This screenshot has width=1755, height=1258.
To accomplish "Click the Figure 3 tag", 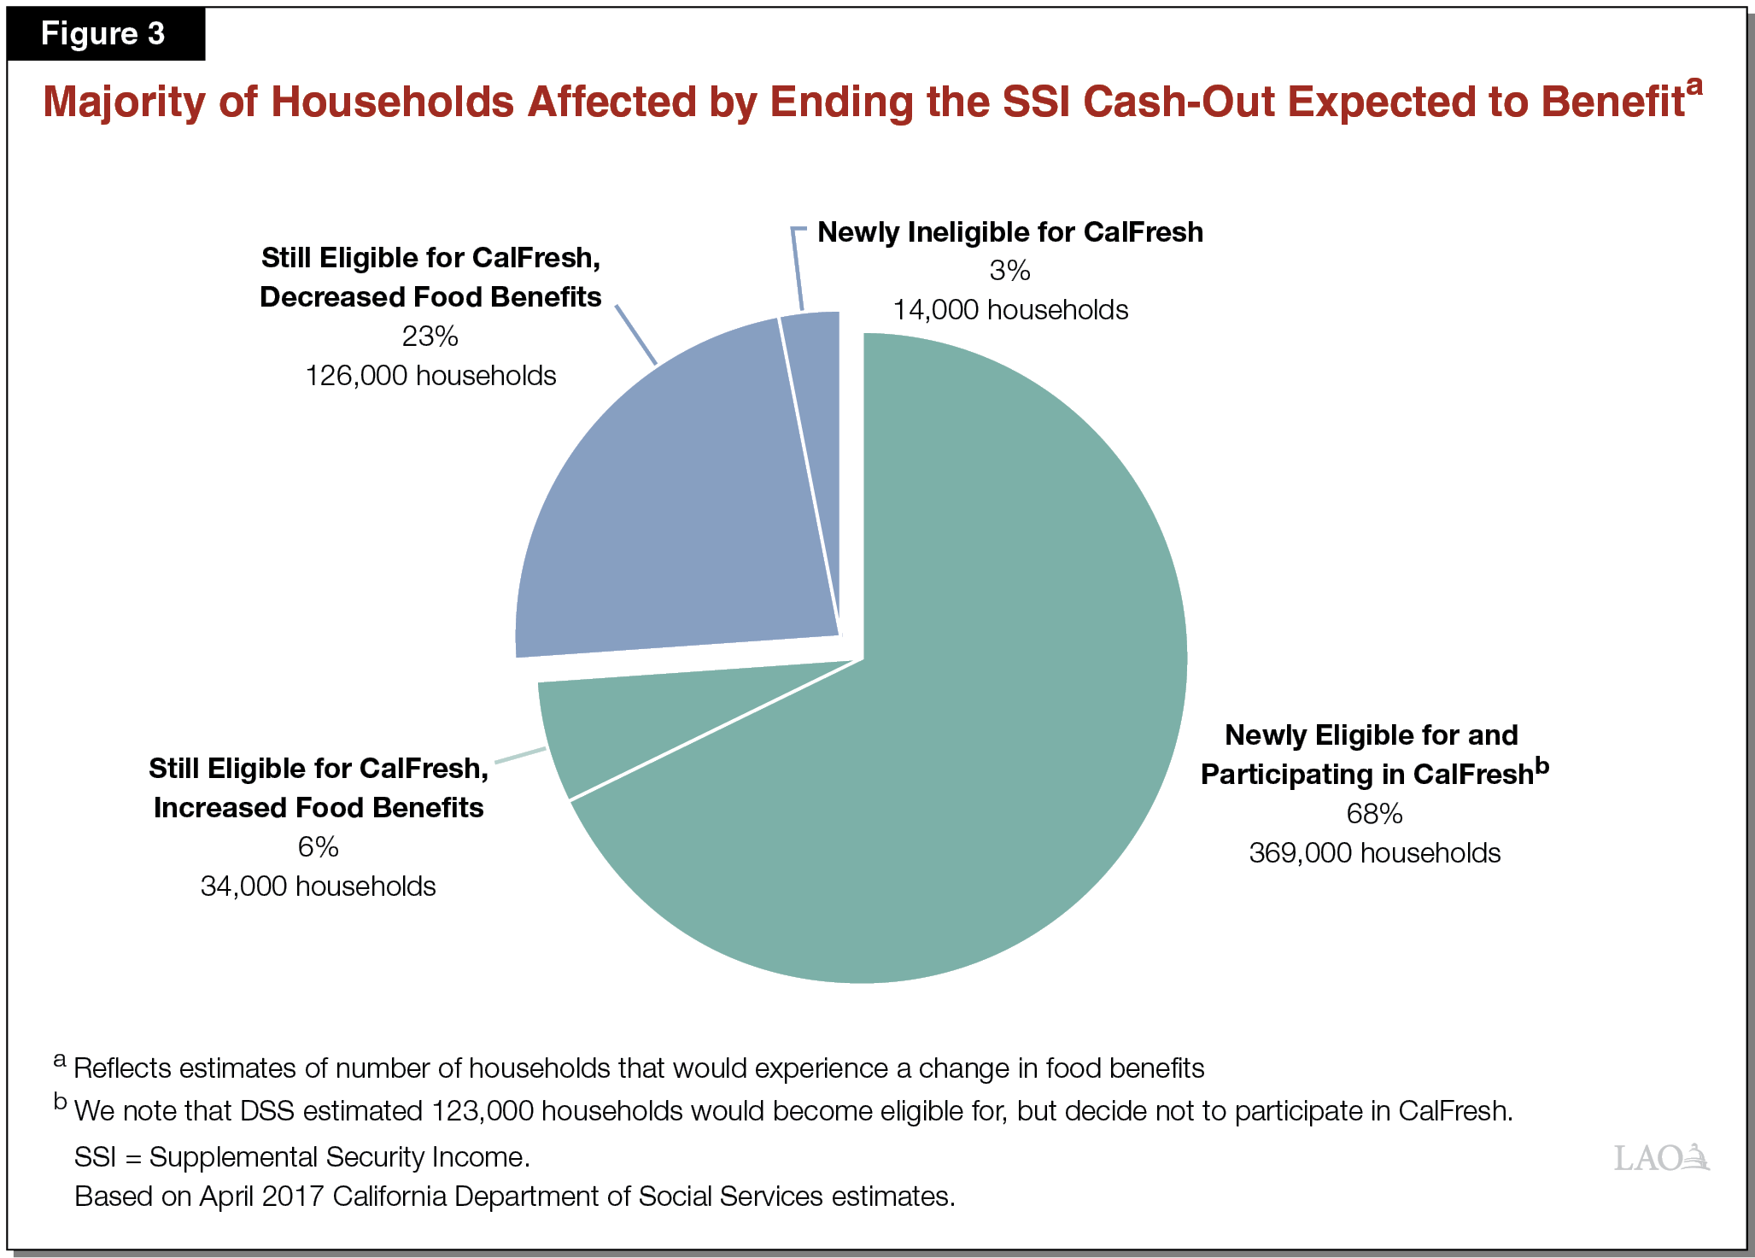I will (x=103, y=34).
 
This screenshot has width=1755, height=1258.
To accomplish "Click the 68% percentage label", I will (x=1374, y=814).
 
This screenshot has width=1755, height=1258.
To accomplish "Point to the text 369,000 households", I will (x=1374, y=853).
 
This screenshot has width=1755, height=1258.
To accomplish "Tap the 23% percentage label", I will (x=430, y=336).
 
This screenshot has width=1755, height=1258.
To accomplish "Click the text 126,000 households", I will (x=430, y=376).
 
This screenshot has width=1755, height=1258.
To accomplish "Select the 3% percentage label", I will (x=1009, y=271).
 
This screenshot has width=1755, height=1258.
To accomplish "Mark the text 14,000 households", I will (x=1010, y=310).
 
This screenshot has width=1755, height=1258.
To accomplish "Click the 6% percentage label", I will (x=318, y=847).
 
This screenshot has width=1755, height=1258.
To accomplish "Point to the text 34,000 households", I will (x=318, y=886).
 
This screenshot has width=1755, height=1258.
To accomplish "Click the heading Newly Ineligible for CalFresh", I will (x=1010, y=232).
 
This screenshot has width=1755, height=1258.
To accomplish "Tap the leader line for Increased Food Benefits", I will (x=520, y=755).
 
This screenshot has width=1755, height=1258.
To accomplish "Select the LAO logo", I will (x=1660, y=1158).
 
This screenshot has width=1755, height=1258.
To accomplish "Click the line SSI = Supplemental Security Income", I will (x=302, y=1157).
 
